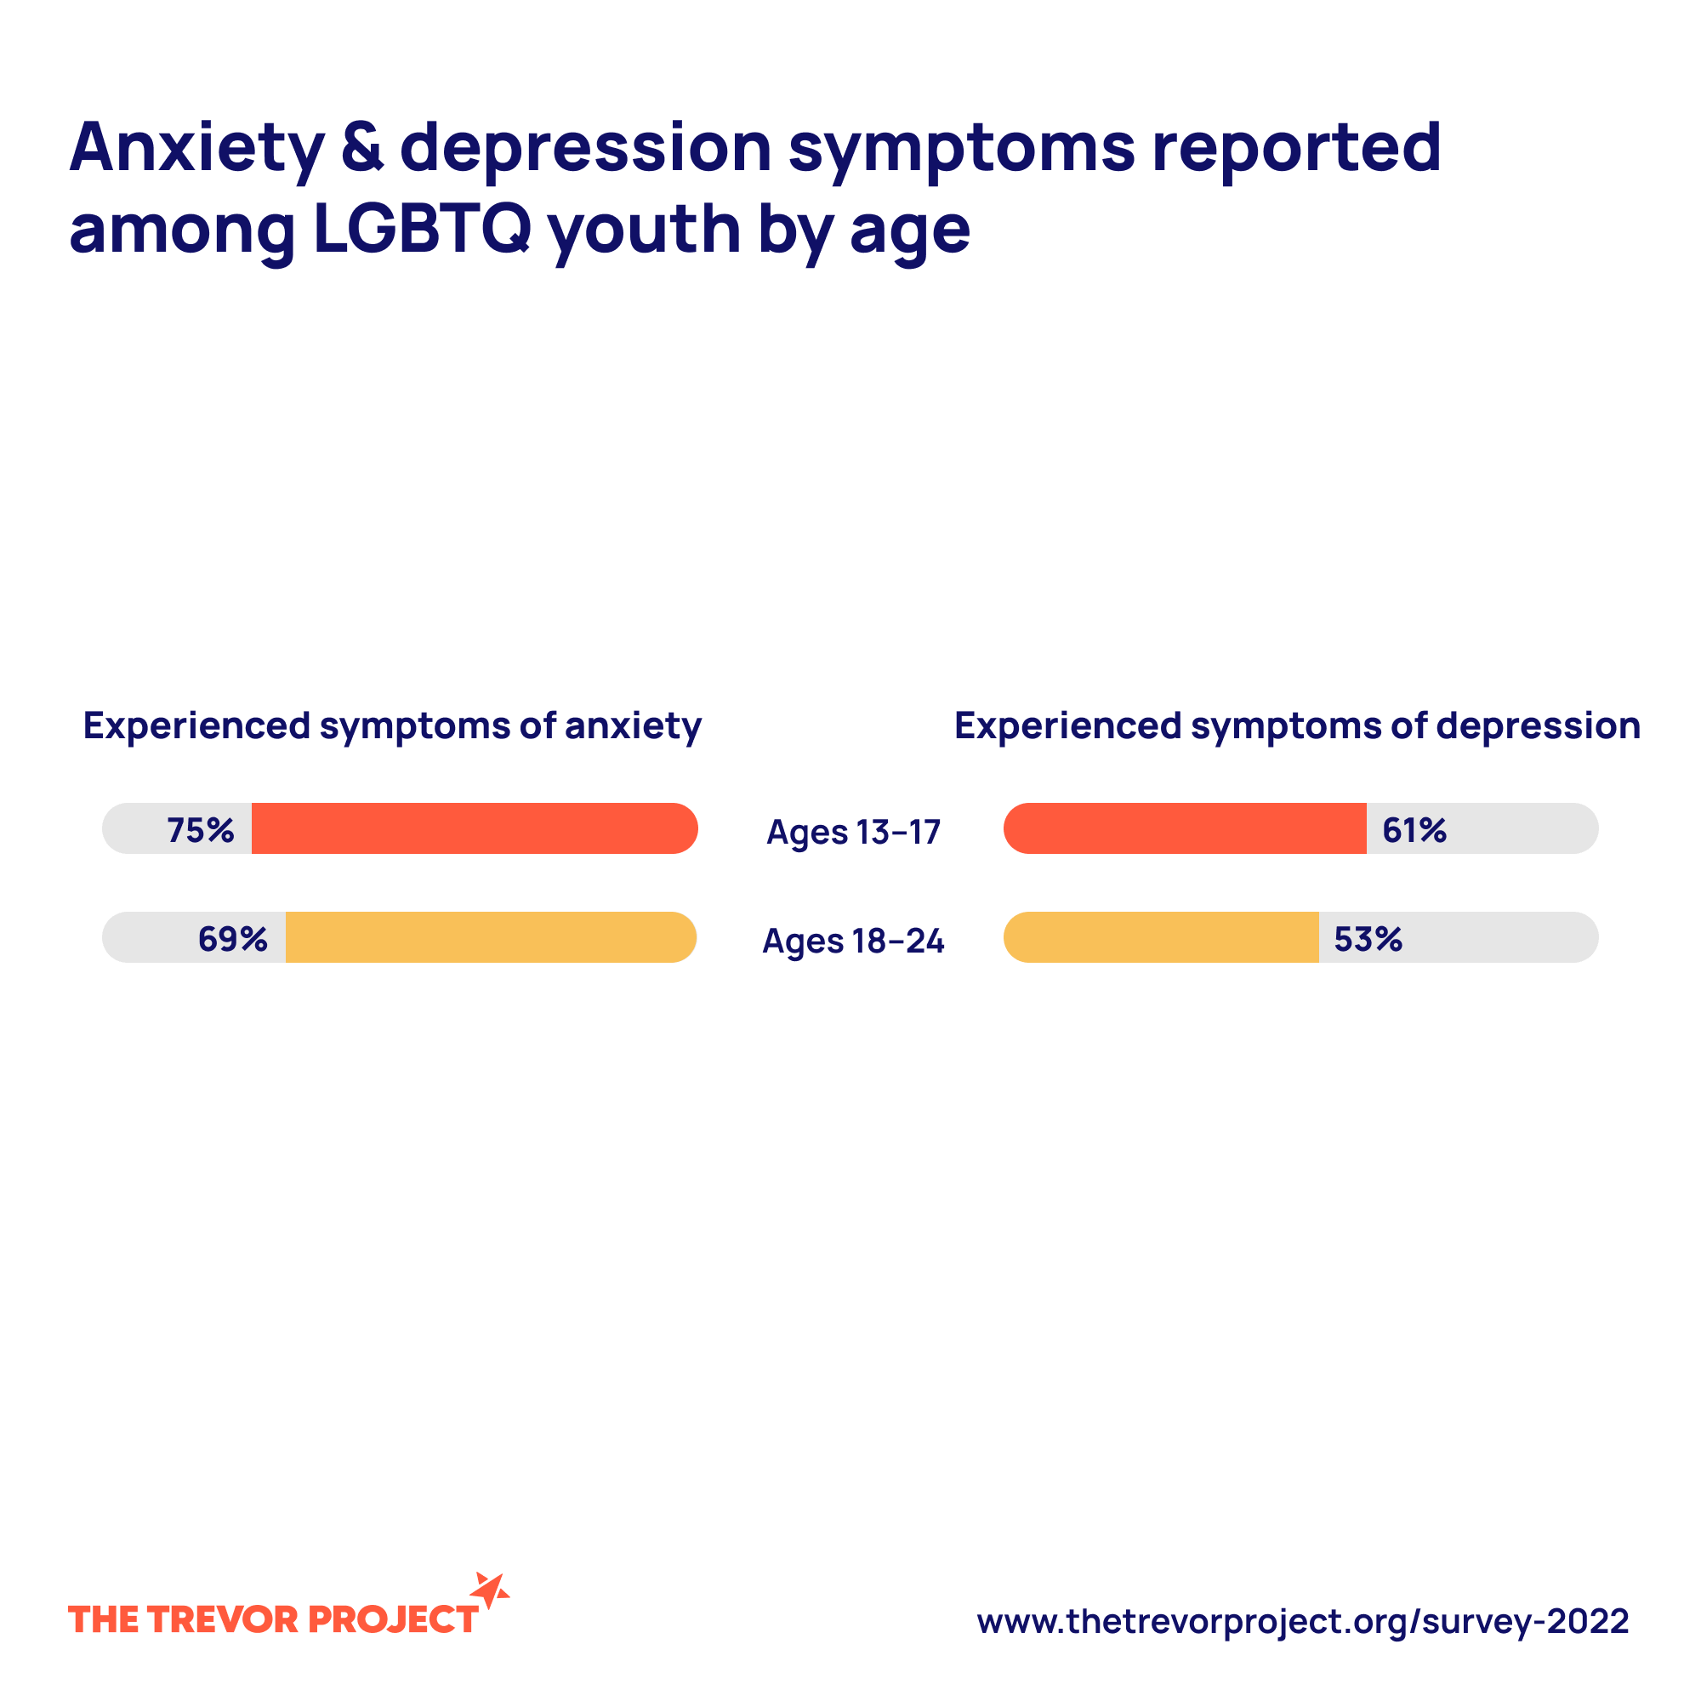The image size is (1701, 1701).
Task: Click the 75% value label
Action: (201, 830)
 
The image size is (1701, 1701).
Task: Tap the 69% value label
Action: (232, 940)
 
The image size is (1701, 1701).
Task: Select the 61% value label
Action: (1414, 830)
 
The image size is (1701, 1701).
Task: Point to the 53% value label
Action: (1368, 940)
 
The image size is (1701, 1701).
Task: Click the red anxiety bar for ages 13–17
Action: (474, 828)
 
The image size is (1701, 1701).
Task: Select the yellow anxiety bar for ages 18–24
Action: (491, 936)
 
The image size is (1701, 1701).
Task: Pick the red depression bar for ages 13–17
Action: (1185, 828)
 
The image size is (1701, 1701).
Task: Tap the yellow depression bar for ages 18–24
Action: (1161, 936)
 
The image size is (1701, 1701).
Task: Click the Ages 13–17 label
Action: (853, 832)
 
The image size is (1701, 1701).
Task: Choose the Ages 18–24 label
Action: (853, 942)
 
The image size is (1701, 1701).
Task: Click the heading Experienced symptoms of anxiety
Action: (392, 726)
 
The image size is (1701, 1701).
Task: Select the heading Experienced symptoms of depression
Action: (1297, 726)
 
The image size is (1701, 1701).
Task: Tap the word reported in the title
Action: (1296, 147)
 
